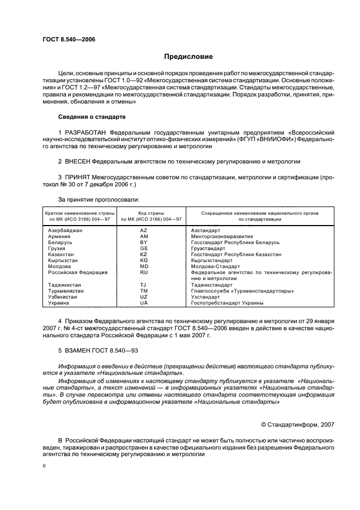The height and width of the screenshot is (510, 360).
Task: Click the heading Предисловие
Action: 188,57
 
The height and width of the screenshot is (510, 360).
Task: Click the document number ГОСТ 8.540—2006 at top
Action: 65,39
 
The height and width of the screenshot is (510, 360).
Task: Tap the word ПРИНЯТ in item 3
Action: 78,178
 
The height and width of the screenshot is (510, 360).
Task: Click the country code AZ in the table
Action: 144,231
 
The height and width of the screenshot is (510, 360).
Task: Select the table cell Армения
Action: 59,236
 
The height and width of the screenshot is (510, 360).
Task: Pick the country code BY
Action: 144,242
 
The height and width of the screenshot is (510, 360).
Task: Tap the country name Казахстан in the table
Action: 61,254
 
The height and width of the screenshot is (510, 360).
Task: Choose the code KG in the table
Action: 144,260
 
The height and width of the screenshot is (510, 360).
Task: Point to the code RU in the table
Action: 144,272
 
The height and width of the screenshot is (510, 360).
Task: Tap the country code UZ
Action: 144,297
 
